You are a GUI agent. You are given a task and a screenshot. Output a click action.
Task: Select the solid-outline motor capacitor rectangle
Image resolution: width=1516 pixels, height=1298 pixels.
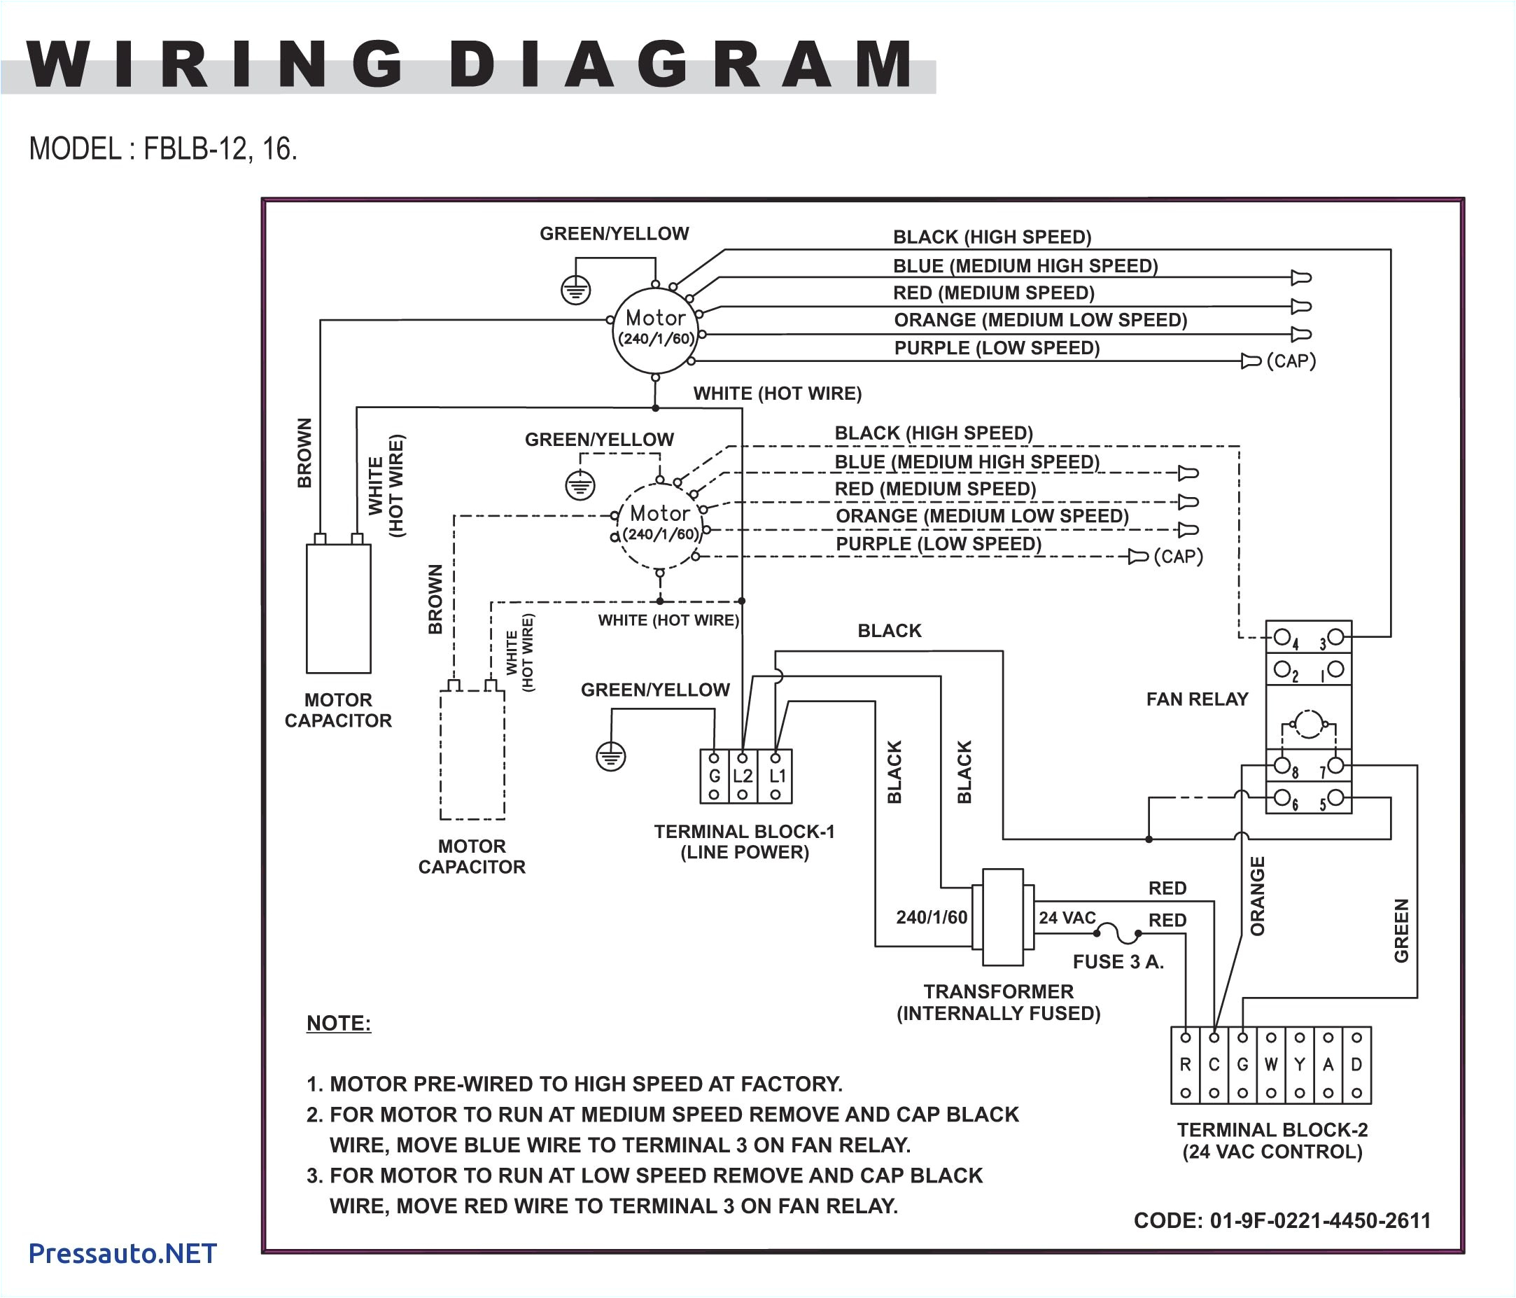[338, 609]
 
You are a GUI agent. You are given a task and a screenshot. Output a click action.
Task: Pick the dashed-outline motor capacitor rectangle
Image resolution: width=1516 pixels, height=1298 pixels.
[472, 755]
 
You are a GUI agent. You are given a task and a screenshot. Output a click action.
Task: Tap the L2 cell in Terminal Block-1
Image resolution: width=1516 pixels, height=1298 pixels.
[743, 776]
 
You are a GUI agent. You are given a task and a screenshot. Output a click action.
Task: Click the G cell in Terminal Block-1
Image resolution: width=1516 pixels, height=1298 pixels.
[714, 776]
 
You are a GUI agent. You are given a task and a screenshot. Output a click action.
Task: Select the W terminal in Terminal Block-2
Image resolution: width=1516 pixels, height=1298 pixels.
[1271, 1066]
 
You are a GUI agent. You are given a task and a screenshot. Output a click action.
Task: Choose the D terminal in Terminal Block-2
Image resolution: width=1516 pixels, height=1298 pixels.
[1356, 1066]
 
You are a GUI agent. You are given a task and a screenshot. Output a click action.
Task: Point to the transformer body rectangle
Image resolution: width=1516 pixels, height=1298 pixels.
[1002, 918]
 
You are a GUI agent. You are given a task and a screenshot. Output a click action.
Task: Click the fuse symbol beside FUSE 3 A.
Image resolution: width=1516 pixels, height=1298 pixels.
[1117, 933]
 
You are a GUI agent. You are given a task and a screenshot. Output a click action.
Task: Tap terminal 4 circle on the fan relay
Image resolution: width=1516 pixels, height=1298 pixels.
[1282, 636]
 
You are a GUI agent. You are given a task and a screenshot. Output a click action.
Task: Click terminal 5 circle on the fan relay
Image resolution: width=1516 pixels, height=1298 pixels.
[1335, 797]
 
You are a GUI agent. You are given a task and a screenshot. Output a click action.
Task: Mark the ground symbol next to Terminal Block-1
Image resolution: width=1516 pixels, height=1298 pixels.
[611, 757]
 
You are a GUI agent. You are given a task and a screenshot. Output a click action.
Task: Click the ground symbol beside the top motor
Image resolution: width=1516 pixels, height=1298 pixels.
[576, 291]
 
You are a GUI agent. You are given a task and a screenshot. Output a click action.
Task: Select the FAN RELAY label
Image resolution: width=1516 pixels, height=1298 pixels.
[1197, 699]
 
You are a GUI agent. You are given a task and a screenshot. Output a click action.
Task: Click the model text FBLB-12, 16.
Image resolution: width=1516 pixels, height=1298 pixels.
[220, 148]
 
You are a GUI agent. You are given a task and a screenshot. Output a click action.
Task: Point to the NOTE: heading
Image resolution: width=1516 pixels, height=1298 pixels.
[339, 1023]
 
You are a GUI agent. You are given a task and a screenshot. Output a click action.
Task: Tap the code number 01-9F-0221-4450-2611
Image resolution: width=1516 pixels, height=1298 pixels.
[1320, 1220]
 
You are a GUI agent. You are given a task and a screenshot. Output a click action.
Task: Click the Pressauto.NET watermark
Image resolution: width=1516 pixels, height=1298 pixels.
[122, 1253]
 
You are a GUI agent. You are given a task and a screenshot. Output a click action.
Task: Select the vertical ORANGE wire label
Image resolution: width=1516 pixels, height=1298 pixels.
[1258, 895]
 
